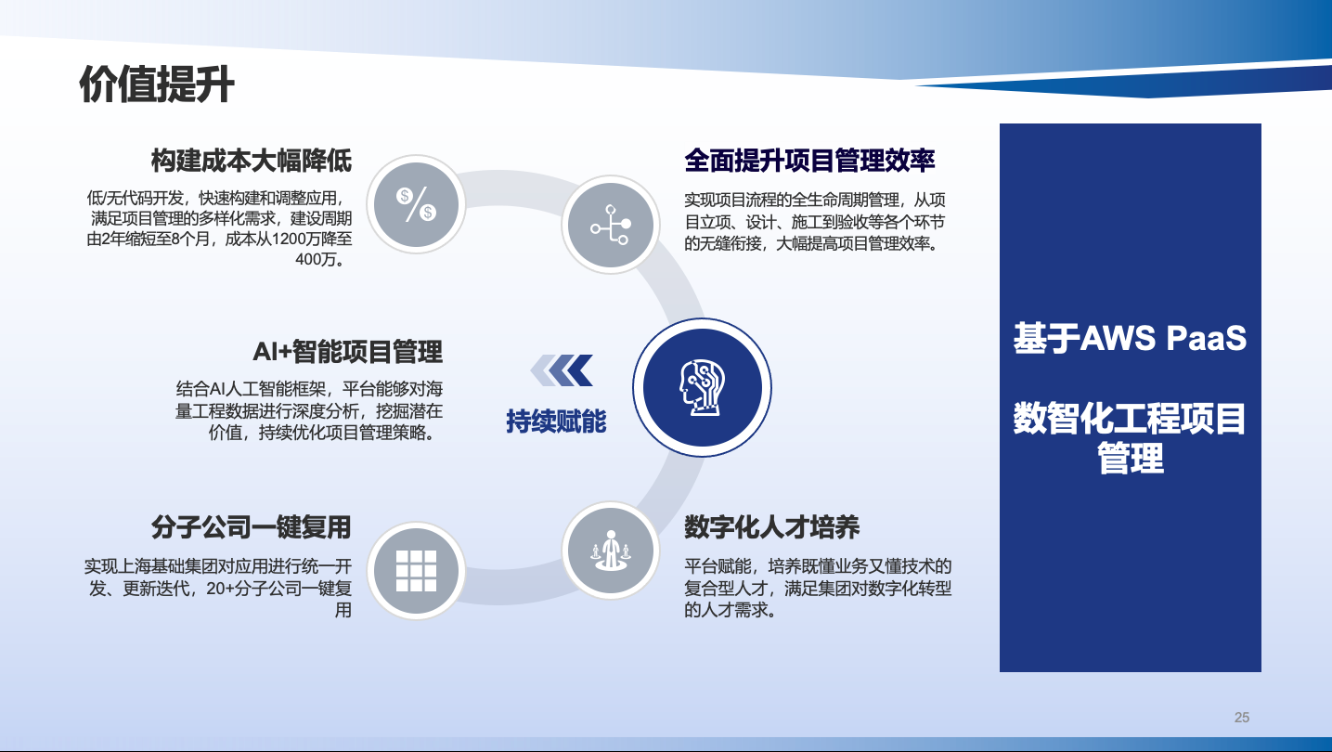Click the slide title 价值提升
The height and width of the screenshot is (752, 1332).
pyautogui.click(x=156, y=84)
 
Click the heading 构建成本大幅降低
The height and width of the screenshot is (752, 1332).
pyautogui.click(x=251, y=161)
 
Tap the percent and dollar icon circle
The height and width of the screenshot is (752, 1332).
pyautogui.click(x=416, y=204)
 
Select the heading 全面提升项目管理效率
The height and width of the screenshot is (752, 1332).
pyautogui.click(x=809, y=161)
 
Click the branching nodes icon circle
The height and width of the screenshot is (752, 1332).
pyautogui.click(x=611, y=225)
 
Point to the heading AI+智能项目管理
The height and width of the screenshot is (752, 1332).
pyautogui.click(x=347, y=352)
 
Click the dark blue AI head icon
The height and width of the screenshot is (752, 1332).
pyautogui.click(x=703, y=387)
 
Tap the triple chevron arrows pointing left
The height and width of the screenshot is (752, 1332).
pyautogui.click(x=562, y=370)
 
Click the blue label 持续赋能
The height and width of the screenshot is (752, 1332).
pyautogui.click(x=556, y=421)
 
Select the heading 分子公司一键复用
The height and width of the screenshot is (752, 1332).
pyautogui.click(x=251, y=527)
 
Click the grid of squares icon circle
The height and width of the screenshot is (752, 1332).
pyautogui.click(x=416, y=571)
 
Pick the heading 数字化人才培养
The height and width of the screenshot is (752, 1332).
pyautogui.click(x=772, y=527)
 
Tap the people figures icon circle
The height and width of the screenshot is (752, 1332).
pyautogui.click(x=611, y=551)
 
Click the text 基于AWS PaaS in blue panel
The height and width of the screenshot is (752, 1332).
pyautogui.click(x=1130, y=338)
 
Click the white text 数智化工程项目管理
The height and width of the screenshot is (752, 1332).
pyautogui.click(x=1130, y=438)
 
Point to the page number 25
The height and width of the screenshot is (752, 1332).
pyautogui.click(x=1242, y=718)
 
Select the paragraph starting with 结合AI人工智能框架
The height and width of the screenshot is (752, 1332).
pyautogui.click(x=309, y=410)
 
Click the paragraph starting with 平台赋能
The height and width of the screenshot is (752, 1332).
pyautogui.click(x=818, y=588)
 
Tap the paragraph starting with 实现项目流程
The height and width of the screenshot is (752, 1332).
pyautogui.click(x=815, y=221)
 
